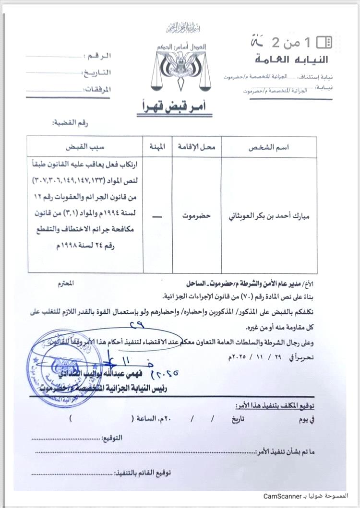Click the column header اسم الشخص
click(268, 148)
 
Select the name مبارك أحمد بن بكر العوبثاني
click(268, 216)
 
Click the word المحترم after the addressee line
click(65, 284)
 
